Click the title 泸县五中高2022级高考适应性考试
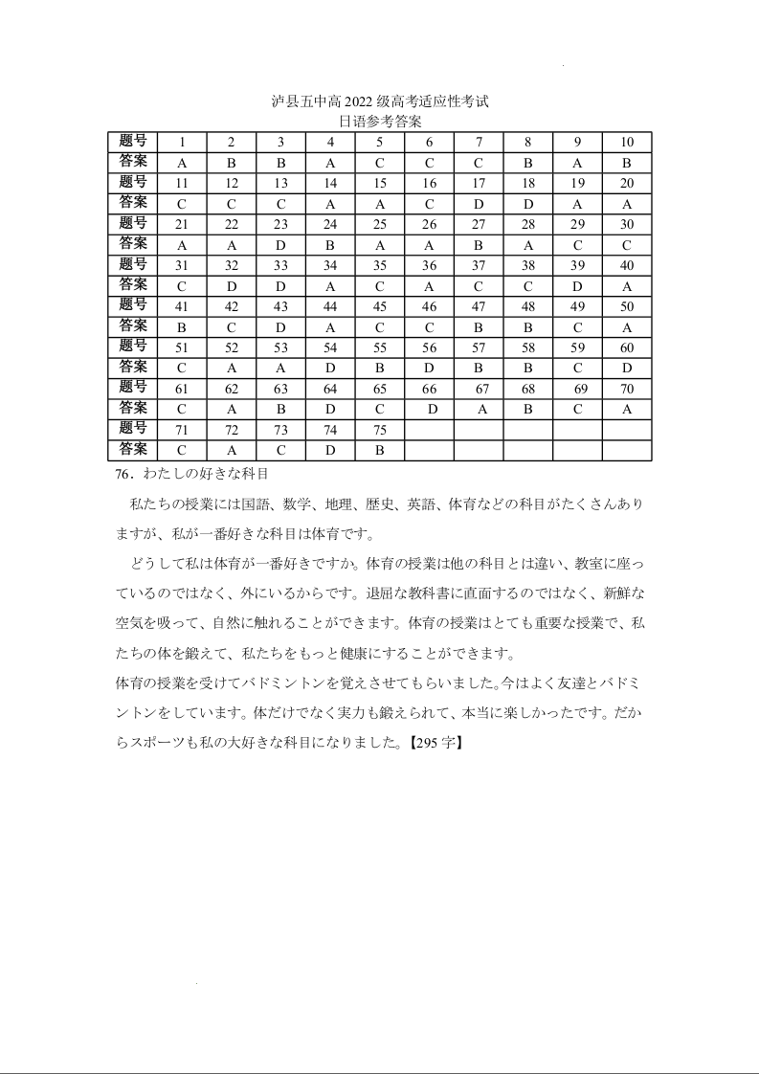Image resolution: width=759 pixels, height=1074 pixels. click(x=380, y=102)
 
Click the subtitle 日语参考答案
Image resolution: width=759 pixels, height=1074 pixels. click(x=380, y=122)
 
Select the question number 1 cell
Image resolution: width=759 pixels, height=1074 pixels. click(x=182, y=142)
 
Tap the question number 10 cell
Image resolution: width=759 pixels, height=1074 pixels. click(x=627, y=142)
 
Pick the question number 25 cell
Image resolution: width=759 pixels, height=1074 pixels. click(x=380, y=224)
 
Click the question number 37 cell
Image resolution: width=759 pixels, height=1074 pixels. click(x=479, y=265)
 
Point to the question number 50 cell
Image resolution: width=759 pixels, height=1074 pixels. click(x=627, y=306)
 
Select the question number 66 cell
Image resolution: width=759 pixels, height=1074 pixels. click(x=429, y=389)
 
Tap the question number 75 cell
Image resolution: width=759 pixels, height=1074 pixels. click(x=380, y=430)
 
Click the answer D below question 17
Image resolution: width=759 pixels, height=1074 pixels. click(x=479, y=204)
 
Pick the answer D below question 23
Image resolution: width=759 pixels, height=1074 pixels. click(x=280, y=245)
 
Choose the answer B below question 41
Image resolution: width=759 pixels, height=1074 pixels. click(x=182, y=327)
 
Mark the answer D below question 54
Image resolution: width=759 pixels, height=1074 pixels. click(x=330, y=369)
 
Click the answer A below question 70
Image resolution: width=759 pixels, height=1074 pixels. click(x=627, y=410)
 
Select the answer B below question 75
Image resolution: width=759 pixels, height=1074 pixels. click(x=380, y=450)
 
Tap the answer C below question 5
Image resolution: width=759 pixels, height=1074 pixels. click(x=380, y=163)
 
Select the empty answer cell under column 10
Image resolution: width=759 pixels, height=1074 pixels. click(x=627, y=450)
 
